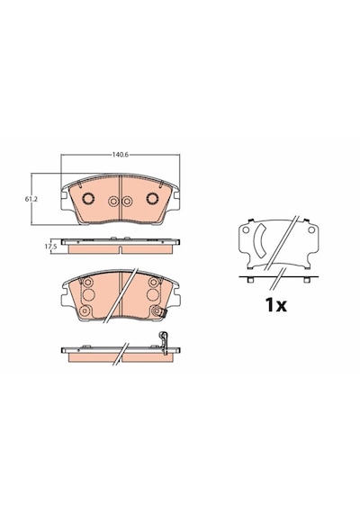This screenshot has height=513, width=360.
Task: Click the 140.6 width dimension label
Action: pyautogui.click(x=120, y=155)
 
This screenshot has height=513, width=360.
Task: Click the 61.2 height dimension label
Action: pyautogui.click(x=31, y=199)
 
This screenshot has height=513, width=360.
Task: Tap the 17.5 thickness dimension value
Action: pyautogui.click(x=51, y=247)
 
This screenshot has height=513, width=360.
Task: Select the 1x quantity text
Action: pyautogui.click(x=276, y=305)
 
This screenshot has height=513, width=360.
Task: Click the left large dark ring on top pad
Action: pyautogui.click(x=88, y=198)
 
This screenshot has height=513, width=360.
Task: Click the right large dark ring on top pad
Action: pyautogui.click(x=152, y=198)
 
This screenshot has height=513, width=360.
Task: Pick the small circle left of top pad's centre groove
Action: pyautogui.click(x=113, y=202)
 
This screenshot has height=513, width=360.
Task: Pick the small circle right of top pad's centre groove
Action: pyautogui.click(x=127, y=202)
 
